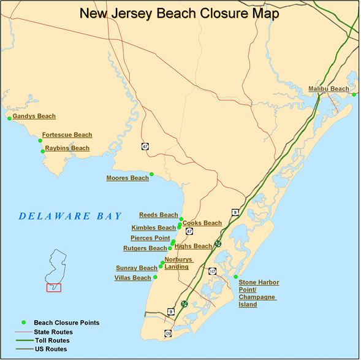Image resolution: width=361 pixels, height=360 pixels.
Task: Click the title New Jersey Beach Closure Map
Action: tap(180, 13)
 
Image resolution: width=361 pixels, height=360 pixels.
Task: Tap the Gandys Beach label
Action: tap(34, 116)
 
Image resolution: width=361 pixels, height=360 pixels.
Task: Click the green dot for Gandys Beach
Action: tap(10, 118)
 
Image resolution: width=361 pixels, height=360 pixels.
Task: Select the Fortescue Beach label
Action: tap(67, 135)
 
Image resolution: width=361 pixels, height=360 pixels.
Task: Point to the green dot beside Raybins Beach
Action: tap(42, 151)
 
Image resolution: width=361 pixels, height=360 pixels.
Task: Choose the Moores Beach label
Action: tap(127, 178)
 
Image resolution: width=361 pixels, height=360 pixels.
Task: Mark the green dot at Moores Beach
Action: tap(152, 174)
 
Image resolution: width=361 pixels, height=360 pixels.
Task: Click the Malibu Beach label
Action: tap(328, 89)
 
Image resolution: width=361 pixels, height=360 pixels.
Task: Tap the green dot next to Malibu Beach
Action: tap(354, 94)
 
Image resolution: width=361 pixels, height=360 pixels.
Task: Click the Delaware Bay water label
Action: tap(70, 216)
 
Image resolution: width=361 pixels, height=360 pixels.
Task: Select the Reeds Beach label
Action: tap(158, 215)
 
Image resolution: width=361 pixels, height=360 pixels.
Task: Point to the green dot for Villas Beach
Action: tap(156, 277)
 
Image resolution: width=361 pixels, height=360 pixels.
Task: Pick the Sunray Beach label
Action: tap(136, 268)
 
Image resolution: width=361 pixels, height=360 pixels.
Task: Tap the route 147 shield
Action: tap(212, 270)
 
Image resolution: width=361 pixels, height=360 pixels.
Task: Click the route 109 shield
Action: tap(168, 333)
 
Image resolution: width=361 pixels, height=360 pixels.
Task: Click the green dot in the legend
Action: tap(24, 323)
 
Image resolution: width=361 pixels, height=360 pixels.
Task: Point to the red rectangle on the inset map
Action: tap(54, 287)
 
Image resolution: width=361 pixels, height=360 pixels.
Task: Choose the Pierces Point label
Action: tap(150, 238)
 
